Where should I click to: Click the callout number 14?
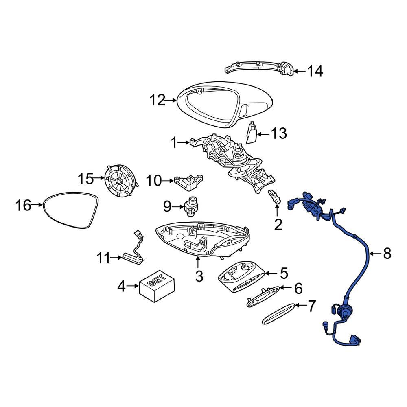pos(315,72)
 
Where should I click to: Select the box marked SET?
pos(156,286)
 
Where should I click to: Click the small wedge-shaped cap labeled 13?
pos(252,133)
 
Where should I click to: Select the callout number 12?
pos(158,100)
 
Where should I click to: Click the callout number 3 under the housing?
pos(199,277)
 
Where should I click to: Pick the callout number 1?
pos(174,143)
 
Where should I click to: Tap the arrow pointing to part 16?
pos(37,206)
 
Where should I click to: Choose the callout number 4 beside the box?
pos(121,287)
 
